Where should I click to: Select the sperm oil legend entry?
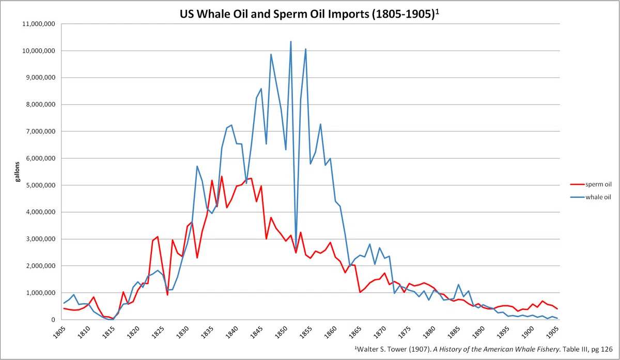(591, 184)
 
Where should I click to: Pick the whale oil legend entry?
(591, 197)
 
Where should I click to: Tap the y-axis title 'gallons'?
(18, 172)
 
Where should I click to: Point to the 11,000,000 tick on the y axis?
(39, 24)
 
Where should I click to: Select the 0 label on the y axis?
(53, 320)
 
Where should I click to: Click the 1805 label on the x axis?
(59, 332)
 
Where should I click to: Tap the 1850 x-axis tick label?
(281, 332)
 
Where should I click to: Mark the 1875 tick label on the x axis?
(405, 332)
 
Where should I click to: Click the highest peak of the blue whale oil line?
(290, 41)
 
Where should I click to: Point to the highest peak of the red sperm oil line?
(222, 176)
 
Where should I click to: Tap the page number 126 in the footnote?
(607, 349)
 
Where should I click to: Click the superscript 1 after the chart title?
(437, 12)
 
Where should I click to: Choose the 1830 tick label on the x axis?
(182, 332)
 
